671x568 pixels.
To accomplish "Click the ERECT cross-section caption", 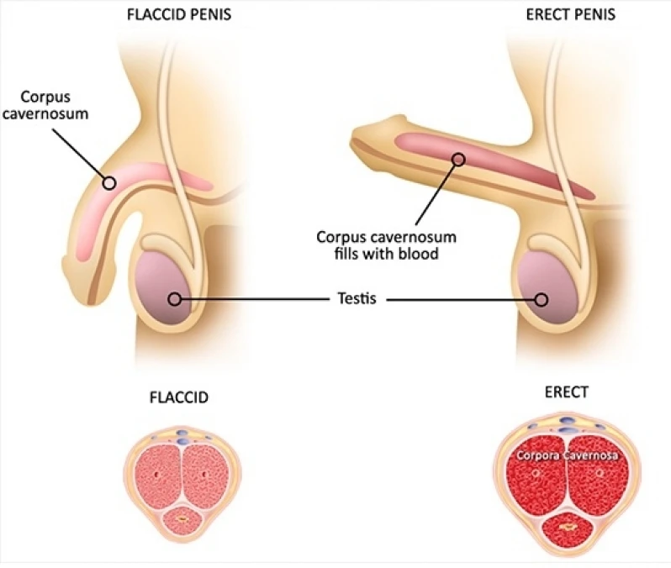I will (566, 392).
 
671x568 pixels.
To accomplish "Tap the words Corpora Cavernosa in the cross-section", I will (566, 455).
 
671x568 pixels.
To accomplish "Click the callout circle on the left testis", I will (174, 298).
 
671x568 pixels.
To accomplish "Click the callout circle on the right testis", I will (542, 298).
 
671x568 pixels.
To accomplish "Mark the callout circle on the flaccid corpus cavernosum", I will (108, 181).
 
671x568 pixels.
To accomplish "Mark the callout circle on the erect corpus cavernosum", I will (458, 158).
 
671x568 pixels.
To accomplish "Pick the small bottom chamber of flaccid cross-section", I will (182, 520).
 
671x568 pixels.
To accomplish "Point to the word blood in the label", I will (420, 253).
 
